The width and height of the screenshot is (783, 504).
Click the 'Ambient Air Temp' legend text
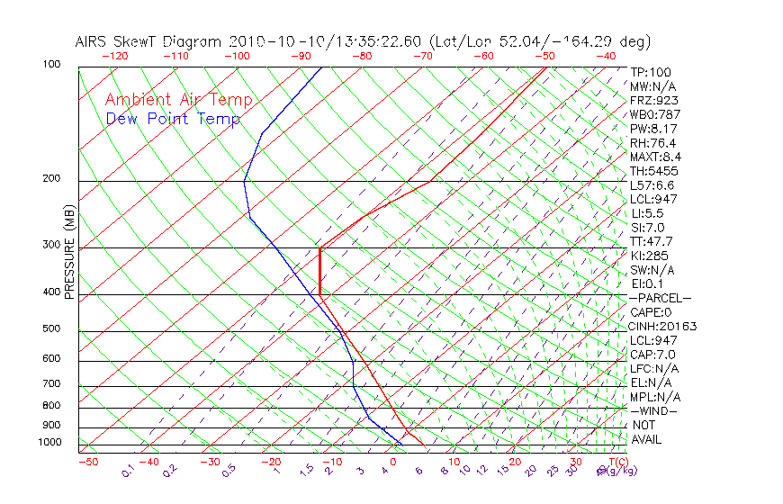pyautogui.click(x=178, y=100)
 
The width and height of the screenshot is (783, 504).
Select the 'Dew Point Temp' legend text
pyautogui.click(x=172, y=119)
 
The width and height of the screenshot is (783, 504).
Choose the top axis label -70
pyautogui.click(x=422, y=56)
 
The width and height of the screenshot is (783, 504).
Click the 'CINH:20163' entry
pyautogui.click(x=663, y=326)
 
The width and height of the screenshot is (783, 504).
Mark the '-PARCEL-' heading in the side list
pyautogui.click(x=660, y=298)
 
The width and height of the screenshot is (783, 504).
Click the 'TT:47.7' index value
pyautogui.click(x=652, y=241)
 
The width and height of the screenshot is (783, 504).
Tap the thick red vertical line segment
pyautogui.click(x=319, y=271)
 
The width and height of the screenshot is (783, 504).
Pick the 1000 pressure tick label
pyautogui.click(x=51, y=443)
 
